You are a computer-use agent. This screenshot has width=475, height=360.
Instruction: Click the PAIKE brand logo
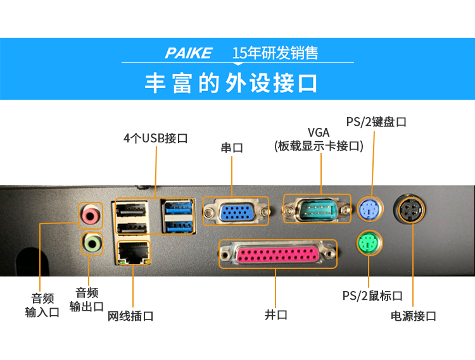point(188,53)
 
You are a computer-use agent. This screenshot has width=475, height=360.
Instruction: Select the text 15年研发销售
point(275,53)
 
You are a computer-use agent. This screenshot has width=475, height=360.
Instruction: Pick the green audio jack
point(92,242)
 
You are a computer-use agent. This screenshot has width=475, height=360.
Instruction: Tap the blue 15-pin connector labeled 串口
point(236,211)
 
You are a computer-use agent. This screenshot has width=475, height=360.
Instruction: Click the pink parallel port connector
point(275,255)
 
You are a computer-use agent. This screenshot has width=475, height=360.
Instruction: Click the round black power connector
point(410,209)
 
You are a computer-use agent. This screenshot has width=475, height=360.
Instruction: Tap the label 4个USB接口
point(155,137)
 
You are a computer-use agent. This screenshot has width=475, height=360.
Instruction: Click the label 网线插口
point(130,314)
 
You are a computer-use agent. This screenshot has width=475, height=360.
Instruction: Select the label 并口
point(275,314)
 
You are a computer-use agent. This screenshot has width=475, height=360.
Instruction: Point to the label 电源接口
point(413,316)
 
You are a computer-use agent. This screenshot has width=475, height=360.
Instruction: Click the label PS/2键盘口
point(376,121)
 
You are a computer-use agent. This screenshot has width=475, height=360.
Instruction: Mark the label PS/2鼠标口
point(372,295)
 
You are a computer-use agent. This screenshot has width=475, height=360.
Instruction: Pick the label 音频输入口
point(42,305)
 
